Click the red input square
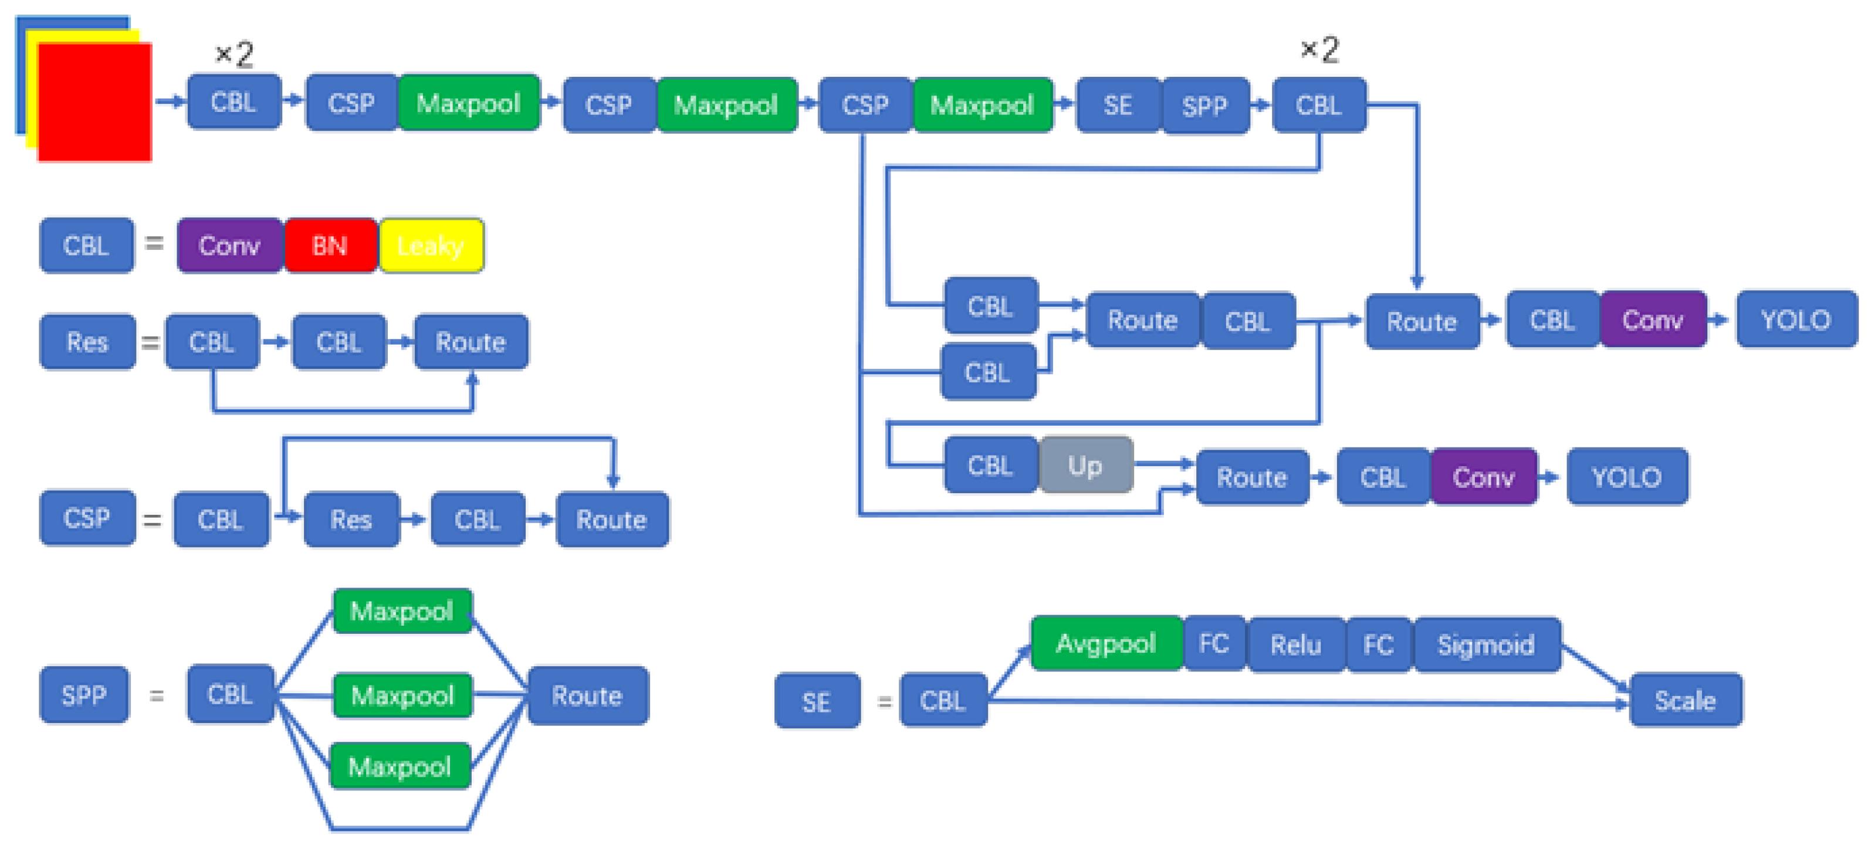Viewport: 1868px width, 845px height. [94, 101]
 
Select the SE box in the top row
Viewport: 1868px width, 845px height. [1118, 106]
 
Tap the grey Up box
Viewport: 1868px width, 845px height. [1085, 465]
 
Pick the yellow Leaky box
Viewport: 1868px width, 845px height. [431, 246]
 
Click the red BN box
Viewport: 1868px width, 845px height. [330, 246]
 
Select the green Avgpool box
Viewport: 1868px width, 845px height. [1105, 643]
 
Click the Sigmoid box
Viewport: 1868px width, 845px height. [1486, 645]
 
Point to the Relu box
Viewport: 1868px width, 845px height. [1295, 645]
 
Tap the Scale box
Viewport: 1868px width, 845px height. [1684, 700]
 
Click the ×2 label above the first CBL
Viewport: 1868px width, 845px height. [234, 55]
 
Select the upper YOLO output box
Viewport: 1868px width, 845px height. [1795, 320]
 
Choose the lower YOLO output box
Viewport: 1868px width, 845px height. [1626, 477]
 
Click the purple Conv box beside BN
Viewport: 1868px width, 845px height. [229, 246]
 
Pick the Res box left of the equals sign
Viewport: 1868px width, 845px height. [87, 341]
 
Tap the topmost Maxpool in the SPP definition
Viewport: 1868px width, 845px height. [402, 611]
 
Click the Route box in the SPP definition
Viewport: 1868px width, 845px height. [587, 695]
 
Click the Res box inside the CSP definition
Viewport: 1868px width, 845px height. [351, 519]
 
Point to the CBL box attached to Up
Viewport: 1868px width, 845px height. [990, 465]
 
